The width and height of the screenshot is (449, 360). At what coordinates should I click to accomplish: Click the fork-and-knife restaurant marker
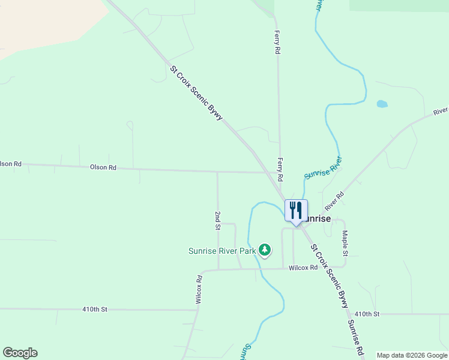coord(295,211)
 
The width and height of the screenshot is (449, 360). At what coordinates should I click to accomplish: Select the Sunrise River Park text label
coord(222,251)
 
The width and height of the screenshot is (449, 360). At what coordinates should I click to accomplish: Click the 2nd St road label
coord(218,220)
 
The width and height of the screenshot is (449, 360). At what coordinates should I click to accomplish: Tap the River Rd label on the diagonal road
coord(335,201)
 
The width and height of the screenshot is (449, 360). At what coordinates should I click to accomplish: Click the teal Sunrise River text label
coord(324,168)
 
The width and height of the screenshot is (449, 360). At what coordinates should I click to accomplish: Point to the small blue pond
coord(382,104)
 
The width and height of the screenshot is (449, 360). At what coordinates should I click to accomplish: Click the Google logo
coord(20,353)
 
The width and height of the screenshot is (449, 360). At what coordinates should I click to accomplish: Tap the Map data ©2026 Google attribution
coord(412,355)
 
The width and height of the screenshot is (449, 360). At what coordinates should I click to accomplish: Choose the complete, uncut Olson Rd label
coord(103,167)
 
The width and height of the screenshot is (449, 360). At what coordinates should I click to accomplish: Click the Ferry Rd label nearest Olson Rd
coord(280,170)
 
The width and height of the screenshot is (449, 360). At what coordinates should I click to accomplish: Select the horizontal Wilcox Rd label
coord(303,268)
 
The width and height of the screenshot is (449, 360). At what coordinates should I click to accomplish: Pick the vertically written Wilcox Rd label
coord(199,289)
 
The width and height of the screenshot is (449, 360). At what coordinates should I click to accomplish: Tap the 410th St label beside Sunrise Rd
coord(367,314)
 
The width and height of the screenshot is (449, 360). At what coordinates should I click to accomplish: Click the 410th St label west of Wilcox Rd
coord(94,309)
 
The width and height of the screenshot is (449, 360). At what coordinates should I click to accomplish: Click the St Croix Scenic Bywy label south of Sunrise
coord(329,275)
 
